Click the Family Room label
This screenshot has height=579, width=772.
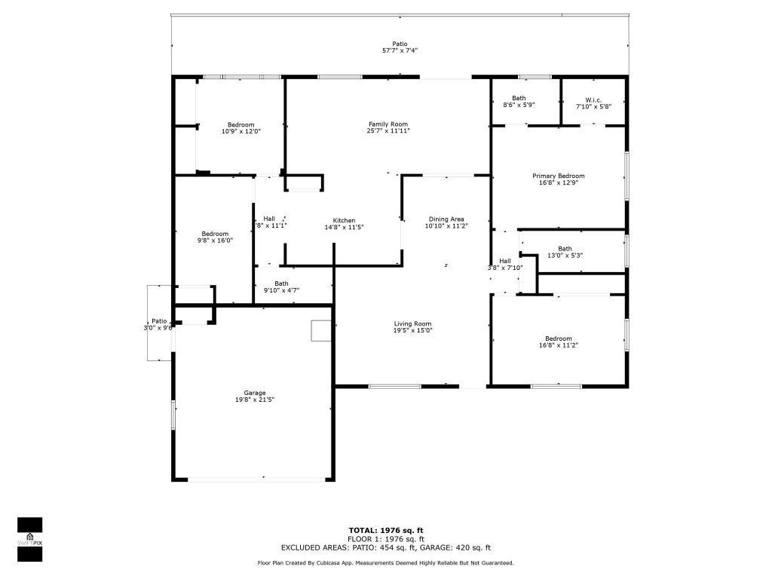point(388,124)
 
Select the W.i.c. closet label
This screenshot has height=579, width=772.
point(593,98)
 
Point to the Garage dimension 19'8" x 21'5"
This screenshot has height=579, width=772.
point(254,400)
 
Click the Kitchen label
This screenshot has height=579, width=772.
point(344,221)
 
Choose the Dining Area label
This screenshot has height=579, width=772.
point(446,219)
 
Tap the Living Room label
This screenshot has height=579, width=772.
point(412,324)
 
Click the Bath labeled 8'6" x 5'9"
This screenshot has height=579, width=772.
point(519,98)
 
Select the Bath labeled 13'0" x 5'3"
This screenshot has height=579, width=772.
point(565,249)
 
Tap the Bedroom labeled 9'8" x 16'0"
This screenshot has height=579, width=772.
point(215,234)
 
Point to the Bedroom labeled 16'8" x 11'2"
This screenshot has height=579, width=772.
point(559,339)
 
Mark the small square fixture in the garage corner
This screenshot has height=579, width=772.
point(320,330)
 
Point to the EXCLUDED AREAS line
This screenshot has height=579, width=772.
point(385,548)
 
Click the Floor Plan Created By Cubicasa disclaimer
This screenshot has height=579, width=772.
point(385,563)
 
